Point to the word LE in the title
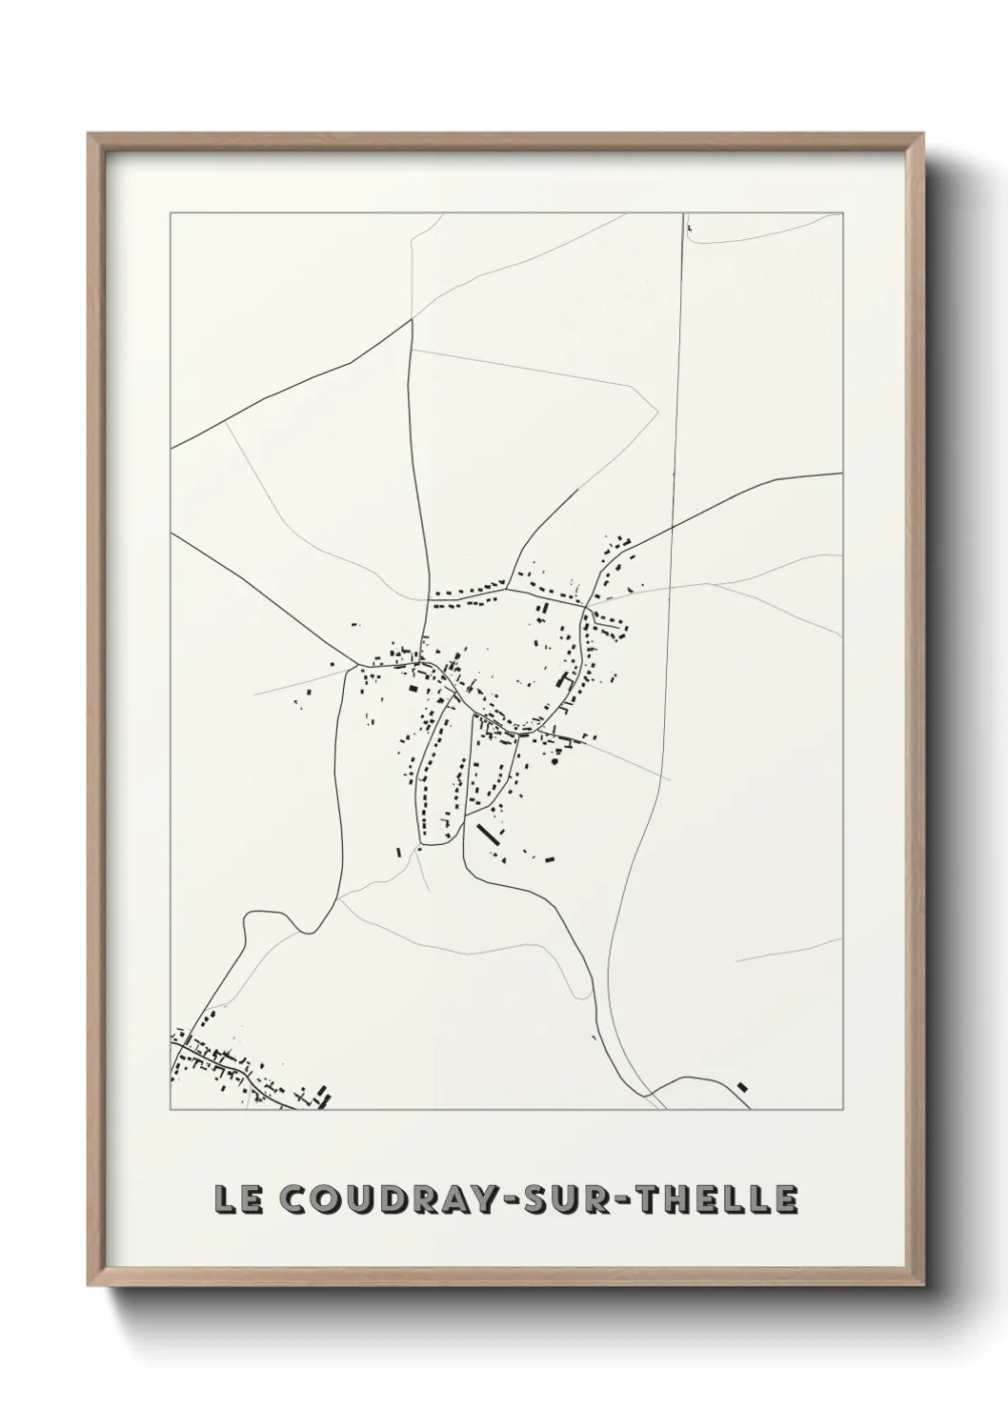pos(237,1199)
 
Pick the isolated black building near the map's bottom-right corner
pos(743,1085)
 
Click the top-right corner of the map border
pos(843,212)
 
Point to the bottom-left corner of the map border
pos(171,1110)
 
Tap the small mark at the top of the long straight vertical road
pos(687,229)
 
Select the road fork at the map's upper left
pos(412,320)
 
